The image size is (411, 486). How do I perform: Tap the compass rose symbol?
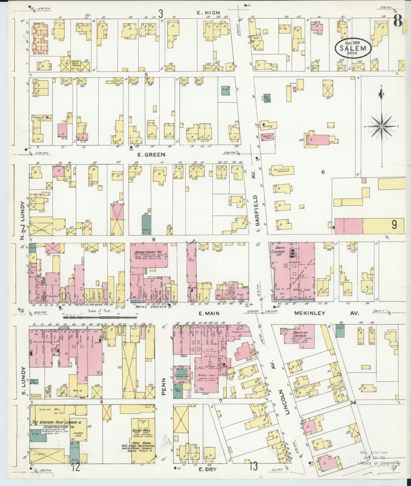381,126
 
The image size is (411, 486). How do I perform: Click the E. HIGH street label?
209,12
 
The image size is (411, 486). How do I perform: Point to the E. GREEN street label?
151,155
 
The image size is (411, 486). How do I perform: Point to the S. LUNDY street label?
24,381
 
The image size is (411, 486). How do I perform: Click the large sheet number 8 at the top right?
398,20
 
